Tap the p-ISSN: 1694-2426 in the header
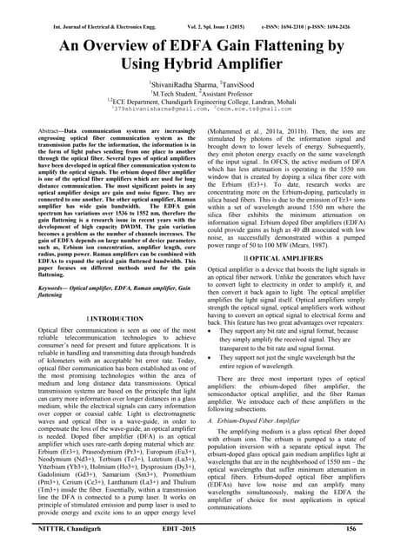pos(342,12)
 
